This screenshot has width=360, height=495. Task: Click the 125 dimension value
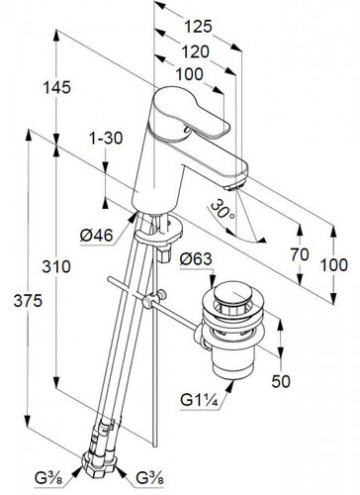(198, 27)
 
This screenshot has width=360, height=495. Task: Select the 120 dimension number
(196, 51)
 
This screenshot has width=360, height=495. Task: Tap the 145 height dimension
(56, 87)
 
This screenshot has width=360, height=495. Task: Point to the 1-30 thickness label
(106, 138)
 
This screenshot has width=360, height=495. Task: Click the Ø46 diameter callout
(96, 236)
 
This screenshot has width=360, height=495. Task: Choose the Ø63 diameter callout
(196, 258)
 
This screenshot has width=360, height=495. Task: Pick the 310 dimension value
(56, 266)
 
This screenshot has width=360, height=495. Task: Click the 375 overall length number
(28, 301)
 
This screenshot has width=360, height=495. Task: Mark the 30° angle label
(223, 210)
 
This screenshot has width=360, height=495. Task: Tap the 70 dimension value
(300, 254)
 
